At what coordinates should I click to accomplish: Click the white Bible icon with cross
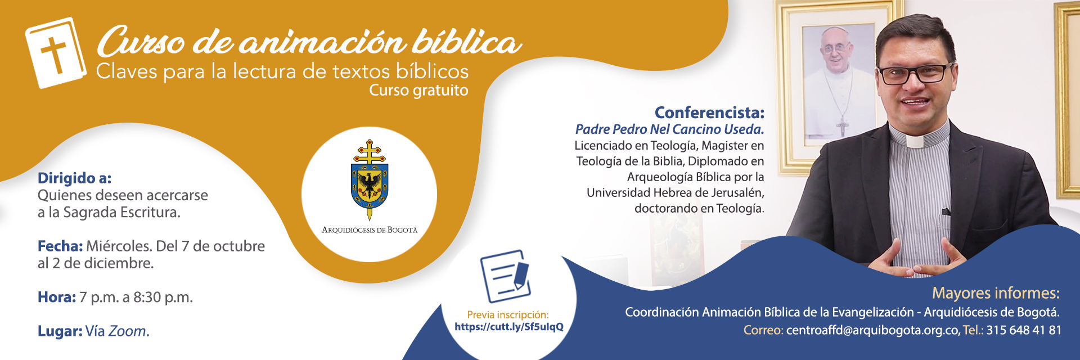[x=56, y=53]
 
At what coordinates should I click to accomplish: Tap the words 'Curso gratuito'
[x=418, y=91]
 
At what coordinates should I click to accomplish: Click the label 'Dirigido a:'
[x=74, y=178]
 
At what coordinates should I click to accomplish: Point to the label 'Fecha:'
[x=60, y=246]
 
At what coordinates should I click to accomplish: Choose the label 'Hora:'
[x=56, y=297]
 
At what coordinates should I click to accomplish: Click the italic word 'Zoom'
[x=127, y=331]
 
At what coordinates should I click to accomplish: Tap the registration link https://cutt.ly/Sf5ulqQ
[x=508, y=327]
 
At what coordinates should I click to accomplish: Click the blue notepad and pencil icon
[x=505, y=276]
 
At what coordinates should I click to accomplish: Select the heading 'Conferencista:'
[x=709, y=112]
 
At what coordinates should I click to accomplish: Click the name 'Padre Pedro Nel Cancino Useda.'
[x=669, y=129]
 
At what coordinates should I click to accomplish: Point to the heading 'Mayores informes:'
[x=996, y=293]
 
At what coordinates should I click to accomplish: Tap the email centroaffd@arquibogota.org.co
[x=872, y=330]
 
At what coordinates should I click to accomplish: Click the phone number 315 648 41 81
[x=1024, y=330]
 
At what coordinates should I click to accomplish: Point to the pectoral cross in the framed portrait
[x=841, y=126]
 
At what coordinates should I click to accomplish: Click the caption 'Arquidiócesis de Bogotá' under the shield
[x=370, y=230]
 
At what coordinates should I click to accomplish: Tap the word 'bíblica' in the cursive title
[x=467, y=43]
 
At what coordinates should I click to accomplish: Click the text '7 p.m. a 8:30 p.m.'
[x=136, y=297]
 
